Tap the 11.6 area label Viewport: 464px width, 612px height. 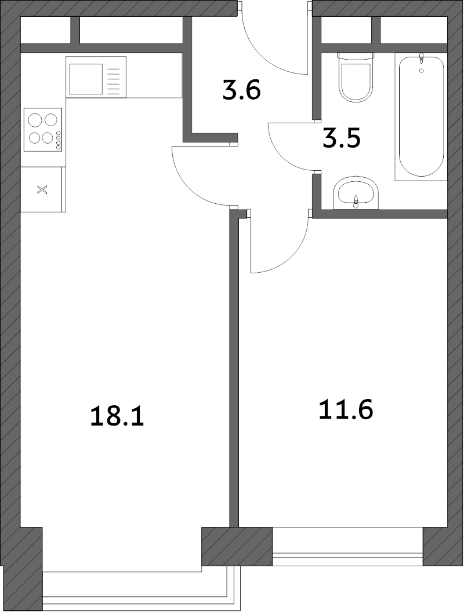tap(346, 410)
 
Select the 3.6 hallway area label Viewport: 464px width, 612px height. tap(241, 90)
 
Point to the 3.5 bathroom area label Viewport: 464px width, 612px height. tap(341, 138)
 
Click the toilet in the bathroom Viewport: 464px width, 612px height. tap(355, 77)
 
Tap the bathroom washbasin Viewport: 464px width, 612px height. tap(356, 194)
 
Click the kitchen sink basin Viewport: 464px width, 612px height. tap(86, 79)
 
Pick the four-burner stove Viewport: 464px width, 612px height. tap(43, 130)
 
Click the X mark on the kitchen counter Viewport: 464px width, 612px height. tap(42, 190)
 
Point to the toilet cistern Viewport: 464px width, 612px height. tap(355, 57)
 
